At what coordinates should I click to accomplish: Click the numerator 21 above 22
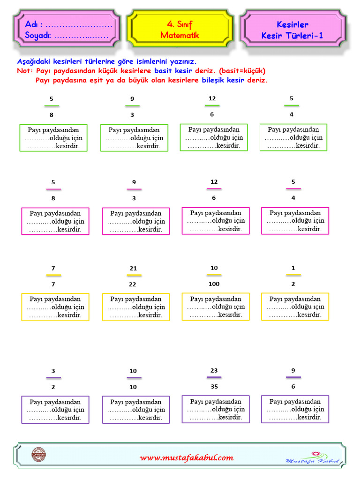point(133,269)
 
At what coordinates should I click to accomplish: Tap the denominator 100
point(214,284)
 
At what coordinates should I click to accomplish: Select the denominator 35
point(214,387)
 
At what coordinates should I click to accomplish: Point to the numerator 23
point(214,370)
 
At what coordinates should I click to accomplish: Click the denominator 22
point(133,285)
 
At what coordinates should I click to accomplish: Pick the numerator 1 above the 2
point(293,268)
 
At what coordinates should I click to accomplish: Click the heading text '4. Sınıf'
point(179,24)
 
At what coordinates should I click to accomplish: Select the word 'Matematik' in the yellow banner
point(180,35)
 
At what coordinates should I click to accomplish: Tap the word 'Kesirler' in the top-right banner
point(292,24)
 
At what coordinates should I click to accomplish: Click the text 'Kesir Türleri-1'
point(292,36)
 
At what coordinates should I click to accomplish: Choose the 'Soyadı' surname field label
point(37,35)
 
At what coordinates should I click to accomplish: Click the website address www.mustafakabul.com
point(186,458)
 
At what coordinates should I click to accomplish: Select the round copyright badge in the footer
point(38,455)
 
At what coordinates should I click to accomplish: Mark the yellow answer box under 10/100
point(215,307)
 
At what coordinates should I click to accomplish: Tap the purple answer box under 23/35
point(215,409)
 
